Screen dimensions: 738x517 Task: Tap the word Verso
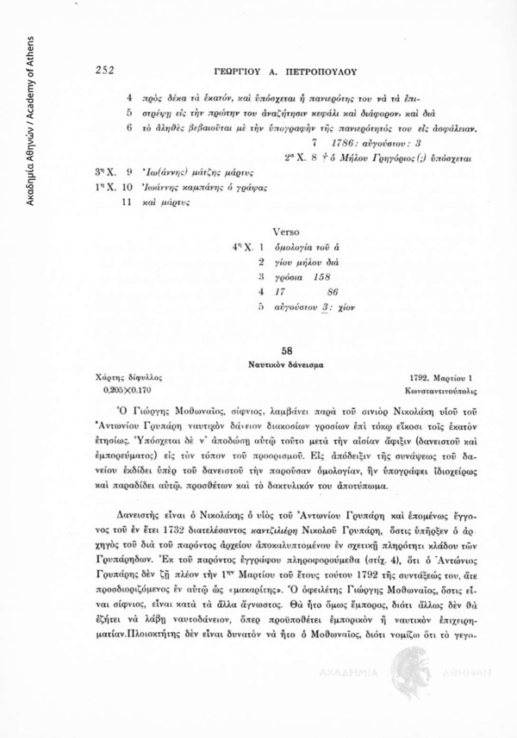285,232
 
